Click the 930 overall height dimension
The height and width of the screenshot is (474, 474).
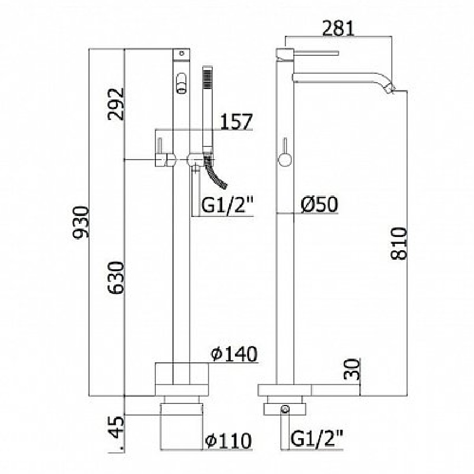coord(81,222)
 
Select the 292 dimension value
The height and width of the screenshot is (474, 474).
coord(116,104)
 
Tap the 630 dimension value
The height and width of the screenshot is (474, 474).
coord(116,278)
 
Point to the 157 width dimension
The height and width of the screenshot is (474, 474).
coord(236,122)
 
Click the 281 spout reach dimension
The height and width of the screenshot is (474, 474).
coord(338,28)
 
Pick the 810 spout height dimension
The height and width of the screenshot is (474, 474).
coord(399,244)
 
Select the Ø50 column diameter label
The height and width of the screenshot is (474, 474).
coord(319,204)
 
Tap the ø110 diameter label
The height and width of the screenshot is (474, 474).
coord(228,441)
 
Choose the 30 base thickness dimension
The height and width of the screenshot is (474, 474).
coord(352,369)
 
